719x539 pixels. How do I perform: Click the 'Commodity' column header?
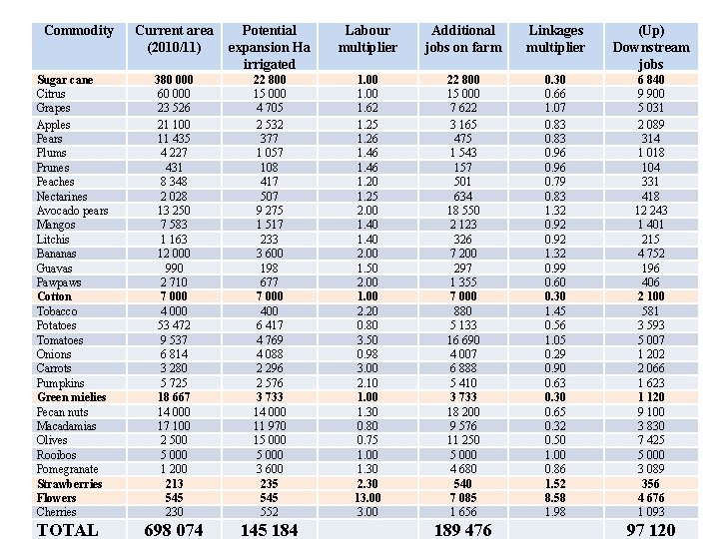point(79,31)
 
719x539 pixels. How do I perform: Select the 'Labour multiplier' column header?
point(366,39)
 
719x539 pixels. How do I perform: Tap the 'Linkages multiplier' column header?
point(555,39)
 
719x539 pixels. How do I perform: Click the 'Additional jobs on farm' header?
point(462,39)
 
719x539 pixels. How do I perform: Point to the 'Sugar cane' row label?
point(65,80)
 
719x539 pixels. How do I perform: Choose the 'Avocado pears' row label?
point(72,211)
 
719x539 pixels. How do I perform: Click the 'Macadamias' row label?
point(66,426)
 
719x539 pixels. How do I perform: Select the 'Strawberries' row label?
point(71,484)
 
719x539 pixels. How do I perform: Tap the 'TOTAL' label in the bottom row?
point(67,530)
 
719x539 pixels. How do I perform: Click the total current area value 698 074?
point(174,530)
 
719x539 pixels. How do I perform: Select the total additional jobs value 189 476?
point(462,530)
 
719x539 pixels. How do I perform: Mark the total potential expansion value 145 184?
point(269,530)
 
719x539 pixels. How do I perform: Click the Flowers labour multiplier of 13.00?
point(366,498)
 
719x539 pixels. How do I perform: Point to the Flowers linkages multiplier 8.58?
point(555,498)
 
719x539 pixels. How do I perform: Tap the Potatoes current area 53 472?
point(174,325)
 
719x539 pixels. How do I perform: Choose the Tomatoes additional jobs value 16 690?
point(462,340)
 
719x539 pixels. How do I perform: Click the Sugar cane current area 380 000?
point(174,80)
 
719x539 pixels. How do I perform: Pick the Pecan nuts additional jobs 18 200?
point(462,412)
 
